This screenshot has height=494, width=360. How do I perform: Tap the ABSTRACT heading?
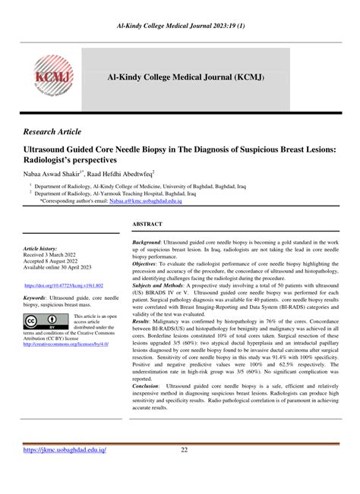(149, 225)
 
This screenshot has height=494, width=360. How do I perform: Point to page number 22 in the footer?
(184, 450)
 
